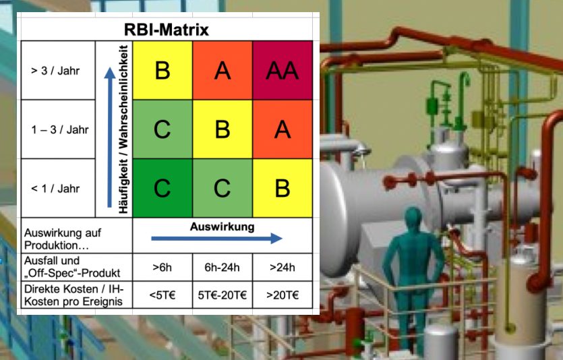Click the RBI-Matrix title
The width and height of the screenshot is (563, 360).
point(166,30)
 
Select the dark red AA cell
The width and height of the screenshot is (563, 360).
point(283,70)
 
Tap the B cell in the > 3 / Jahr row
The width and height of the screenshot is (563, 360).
point(162,70)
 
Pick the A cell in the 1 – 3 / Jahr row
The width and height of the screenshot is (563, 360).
point(283,129)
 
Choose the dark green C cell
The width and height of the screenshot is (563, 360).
point(162,188)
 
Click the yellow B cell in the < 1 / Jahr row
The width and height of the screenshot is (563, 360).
point(283,188)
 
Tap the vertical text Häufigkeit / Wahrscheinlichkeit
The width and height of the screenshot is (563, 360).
point(123,129)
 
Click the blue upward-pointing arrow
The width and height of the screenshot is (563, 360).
point(109,135)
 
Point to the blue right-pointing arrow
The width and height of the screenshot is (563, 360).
point(216,238)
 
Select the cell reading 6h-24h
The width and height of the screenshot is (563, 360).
point(223,267)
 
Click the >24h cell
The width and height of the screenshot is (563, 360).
point(283,267)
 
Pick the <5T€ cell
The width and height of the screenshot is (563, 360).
point(162,295)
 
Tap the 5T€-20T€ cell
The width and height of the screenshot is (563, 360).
point(223,295)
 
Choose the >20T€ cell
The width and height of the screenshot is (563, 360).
point(283,295)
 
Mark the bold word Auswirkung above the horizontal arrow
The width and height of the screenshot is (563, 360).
point(223,227)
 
